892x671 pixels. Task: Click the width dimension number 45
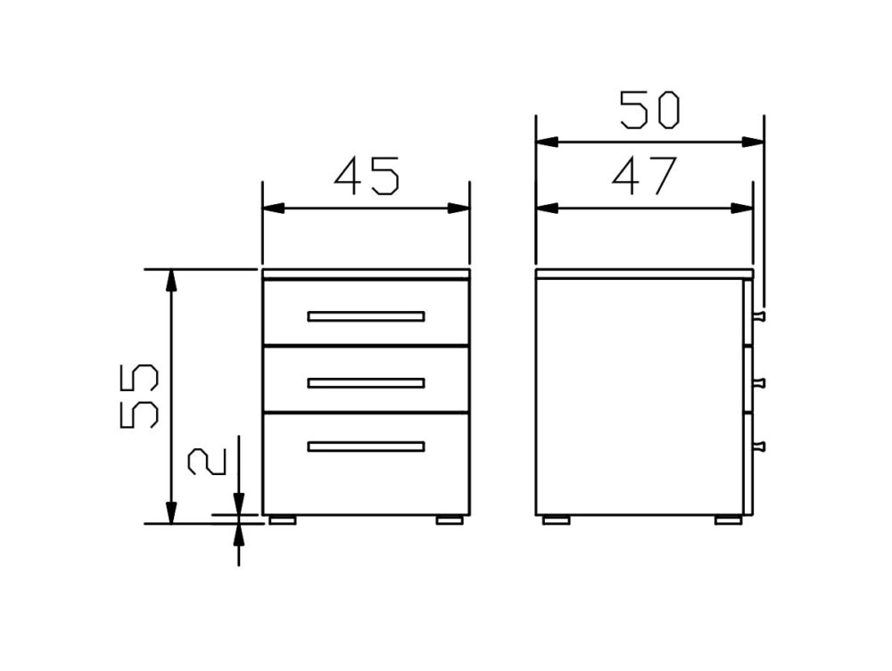[367, 176]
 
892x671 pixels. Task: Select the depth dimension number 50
[649, 110]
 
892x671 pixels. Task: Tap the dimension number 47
[645, 176]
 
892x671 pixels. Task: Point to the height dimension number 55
[139, 396]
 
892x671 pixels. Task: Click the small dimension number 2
[207, 462]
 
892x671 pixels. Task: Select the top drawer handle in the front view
[366, 316]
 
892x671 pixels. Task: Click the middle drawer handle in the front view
[366, 383]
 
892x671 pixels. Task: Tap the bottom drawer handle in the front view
[366, 446]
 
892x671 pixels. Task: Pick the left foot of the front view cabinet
[283, 520]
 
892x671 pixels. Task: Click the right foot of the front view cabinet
[450, 520]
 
